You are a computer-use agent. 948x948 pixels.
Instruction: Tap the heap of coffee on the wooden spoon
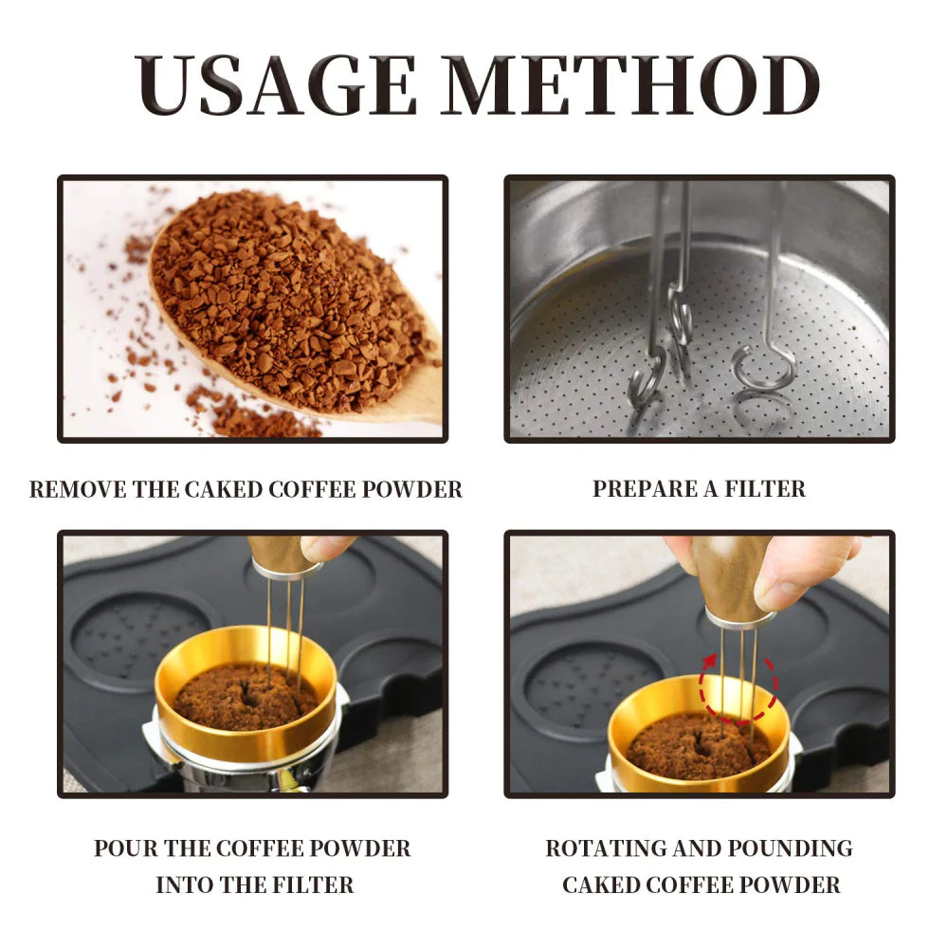(x=284, y=294)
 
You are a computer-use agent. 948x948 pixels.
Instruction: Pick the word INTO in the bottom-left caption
(x=186, y=885)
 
